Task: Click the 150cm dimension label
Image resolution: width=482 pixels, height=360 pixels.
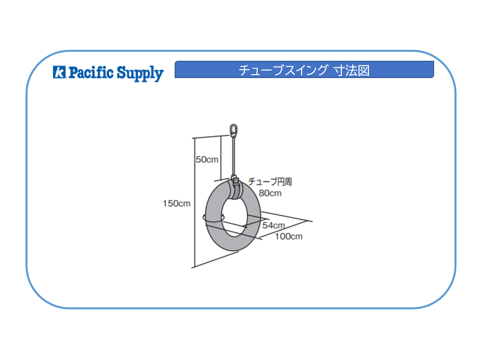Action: click(176, 204)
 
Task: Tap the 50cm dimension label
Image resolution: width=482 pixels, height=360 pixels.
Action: click(207, 160)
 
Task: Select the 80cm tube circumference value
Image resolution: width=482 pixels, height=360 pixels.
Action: click(270, 193)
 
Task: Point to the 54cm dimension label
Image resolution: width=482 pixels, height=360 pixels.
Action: click(274, 225)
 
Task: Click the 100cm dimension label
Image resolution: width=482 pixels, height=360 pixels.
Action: click(288, 236)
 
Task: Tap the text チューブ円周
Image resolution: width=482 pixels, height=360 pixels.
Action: click(270, 182)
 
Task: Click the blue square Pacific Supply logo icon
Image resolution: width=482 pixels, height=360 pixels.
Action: click(59, 72)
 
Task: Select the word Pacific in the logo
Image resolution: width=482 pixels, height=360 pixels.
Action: click(91, 73)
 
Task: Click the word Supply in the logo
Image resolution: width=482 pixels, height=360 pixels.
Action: click(140, 73)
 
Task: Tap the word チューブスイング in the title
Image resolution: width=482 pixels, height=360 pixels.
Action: click(283, 70)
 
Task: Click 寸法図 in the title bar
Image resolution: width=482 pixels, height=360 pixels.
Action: click(352, 71)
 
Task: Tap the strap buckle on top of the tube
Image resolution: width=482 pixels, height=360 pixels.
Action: click(236, 181)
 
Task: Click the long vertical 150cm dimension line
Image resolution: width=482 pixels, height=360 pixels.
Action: click(195, 203)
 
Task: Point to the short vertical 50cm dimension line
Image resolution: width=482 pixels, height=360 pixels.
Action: click(221, 158)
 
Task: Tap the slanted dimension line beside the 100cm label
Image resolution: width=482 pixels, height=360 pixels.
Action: click(283, 229)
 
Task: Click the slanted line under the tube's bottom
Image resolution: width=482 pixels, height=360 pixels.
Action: click(215, 260)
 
